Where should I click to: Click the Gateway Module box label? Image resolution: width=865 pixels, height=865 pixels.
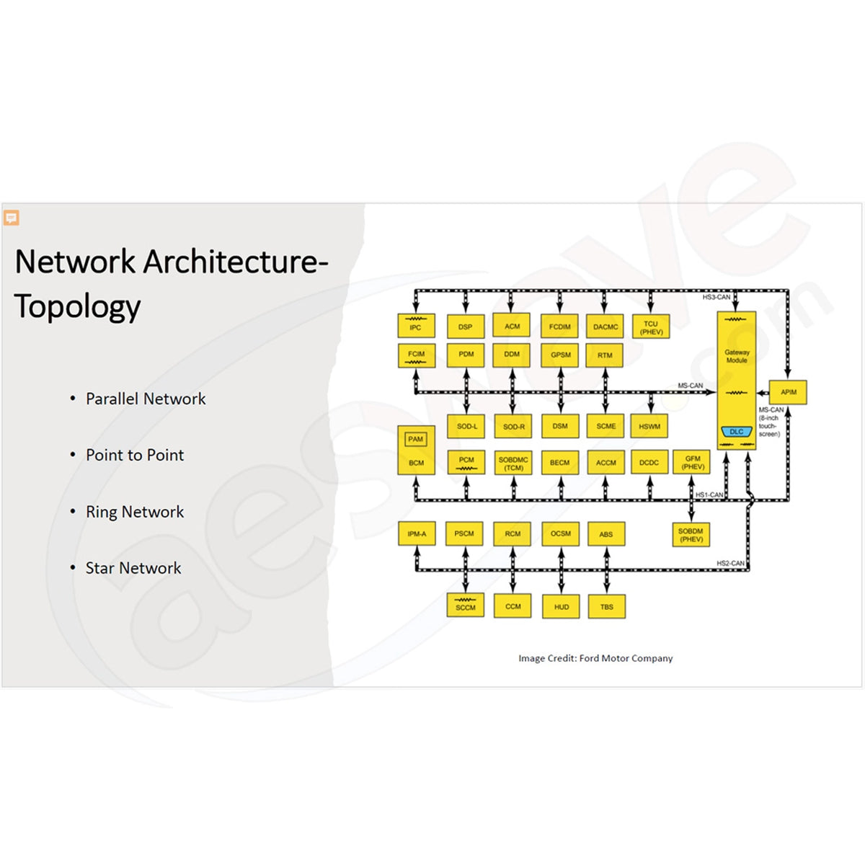737,356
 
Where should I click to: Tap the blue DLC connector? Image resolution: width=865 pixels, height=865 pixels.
736,432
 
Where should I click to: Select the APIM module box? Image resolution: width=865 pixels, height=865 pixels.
788,392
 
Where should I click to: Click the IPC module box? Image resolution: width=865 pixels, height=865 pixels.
416,326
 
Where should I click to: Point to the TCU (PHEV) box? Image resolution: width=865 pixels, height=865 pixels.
651,327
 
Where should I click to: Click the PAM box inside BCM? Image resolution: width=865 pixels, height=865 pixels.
416,439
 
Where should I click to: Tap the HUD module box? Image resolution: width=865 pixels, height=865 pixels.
561,607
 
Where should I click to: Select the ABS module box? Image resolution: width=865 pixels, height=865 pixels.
605,534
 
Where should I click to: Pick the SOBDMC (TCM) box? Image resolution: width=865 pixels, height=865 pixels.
513,463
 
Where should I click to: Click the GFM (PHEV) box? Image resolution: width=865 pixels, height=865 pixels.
692,463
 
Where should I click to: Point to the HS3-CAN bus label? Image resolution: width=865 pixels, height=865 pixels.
716,297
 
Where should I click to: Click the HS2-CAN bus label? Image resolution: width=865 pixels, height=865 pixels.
729,563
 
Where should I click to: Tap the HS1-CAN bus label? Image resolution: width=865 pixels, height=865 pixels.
709,494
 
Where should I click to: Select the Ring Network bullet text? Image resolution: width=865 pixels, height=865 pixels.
135,512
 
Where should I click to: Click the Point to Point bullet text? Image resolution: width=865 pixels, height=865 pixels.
135,455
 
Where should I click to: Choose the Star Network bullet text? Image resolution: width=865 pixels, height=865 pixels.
133,568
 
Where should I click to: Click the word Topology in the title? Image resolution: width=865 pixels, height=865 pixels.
78,306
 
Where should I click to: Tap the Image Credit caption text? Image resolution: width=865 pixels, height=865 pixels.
595,658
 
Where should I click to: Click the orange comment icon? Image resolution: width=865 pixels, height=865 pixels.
11,218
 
